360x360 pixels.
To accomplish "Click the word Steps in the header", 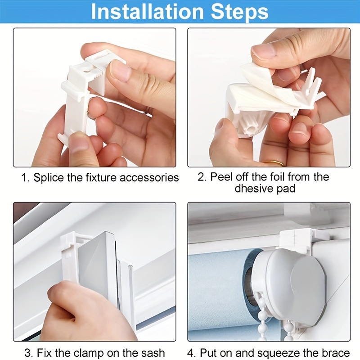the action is tap(239, 12).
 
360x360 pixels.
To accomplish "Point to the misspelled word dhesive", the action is tap(252, 189).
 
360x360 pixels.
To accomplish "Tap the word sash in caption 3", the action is tap(154, 353).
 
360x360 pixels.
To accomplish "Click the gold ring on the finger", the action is tap(274, 163).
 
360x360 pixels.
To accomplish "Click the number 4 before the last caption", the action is tap(190, 353).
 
